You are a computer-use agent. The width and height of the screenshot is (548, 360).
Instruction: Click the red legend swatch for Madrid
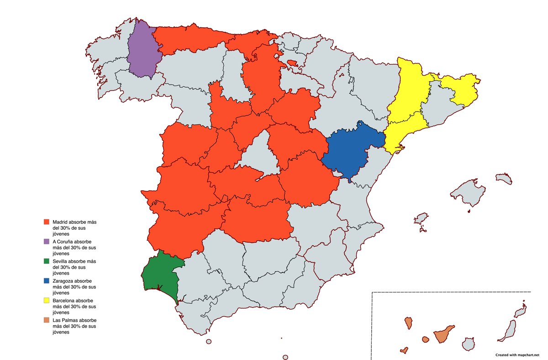coord(46,222)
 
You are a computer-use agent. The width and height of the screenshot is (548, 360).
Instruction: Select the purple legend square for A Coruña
coord(46,241)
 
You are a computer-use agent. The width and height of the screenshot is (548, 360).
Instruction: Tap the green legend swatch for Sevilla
coord(46,261)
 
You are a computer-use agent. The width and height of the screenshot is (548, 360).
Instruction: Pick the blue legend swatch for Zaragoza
coord(46,281)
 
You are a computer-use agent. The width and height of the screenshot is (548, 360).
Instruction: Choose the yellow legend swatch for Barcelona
coord(46,301)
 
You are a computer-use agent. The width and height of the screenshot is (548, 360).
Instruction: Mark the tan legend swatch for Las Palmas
coord(46,321)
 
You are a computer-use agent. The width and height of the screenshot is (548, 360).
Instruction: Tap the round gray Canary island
coord(469,344)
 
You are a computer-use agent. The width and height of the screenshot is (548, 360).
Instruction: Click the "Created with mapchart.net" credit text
coord(517,355)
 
